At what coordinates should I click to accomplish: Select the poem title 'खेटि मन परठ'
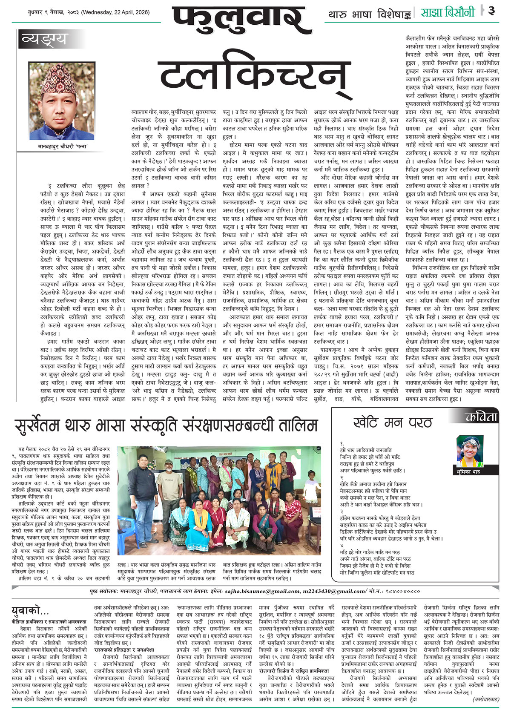pos(392,422)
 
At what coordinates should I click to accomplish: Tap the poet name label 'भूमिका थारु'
pos(469,471)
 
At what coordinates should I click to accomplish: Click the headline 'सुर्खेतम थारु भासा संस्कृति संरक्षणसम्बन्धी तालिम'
pos(166,425)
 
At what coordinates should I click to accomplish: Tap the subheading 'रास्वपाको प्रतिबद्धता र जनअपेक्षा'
pos(124,650)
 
